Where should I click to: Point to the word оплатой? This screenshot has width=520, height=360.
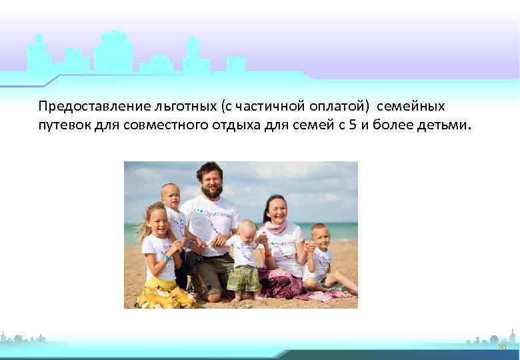coord(336,107)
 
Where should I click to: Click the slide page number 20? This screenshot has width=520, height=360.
coord(502,348)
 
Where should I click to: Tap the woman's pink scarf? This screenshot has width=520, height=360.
coord(276,228)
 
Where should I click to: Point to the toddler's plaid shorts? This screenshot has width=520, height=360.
coord(243,278)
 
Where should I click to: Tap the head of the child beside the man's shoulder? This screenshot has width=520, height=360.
coord(171,195)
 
